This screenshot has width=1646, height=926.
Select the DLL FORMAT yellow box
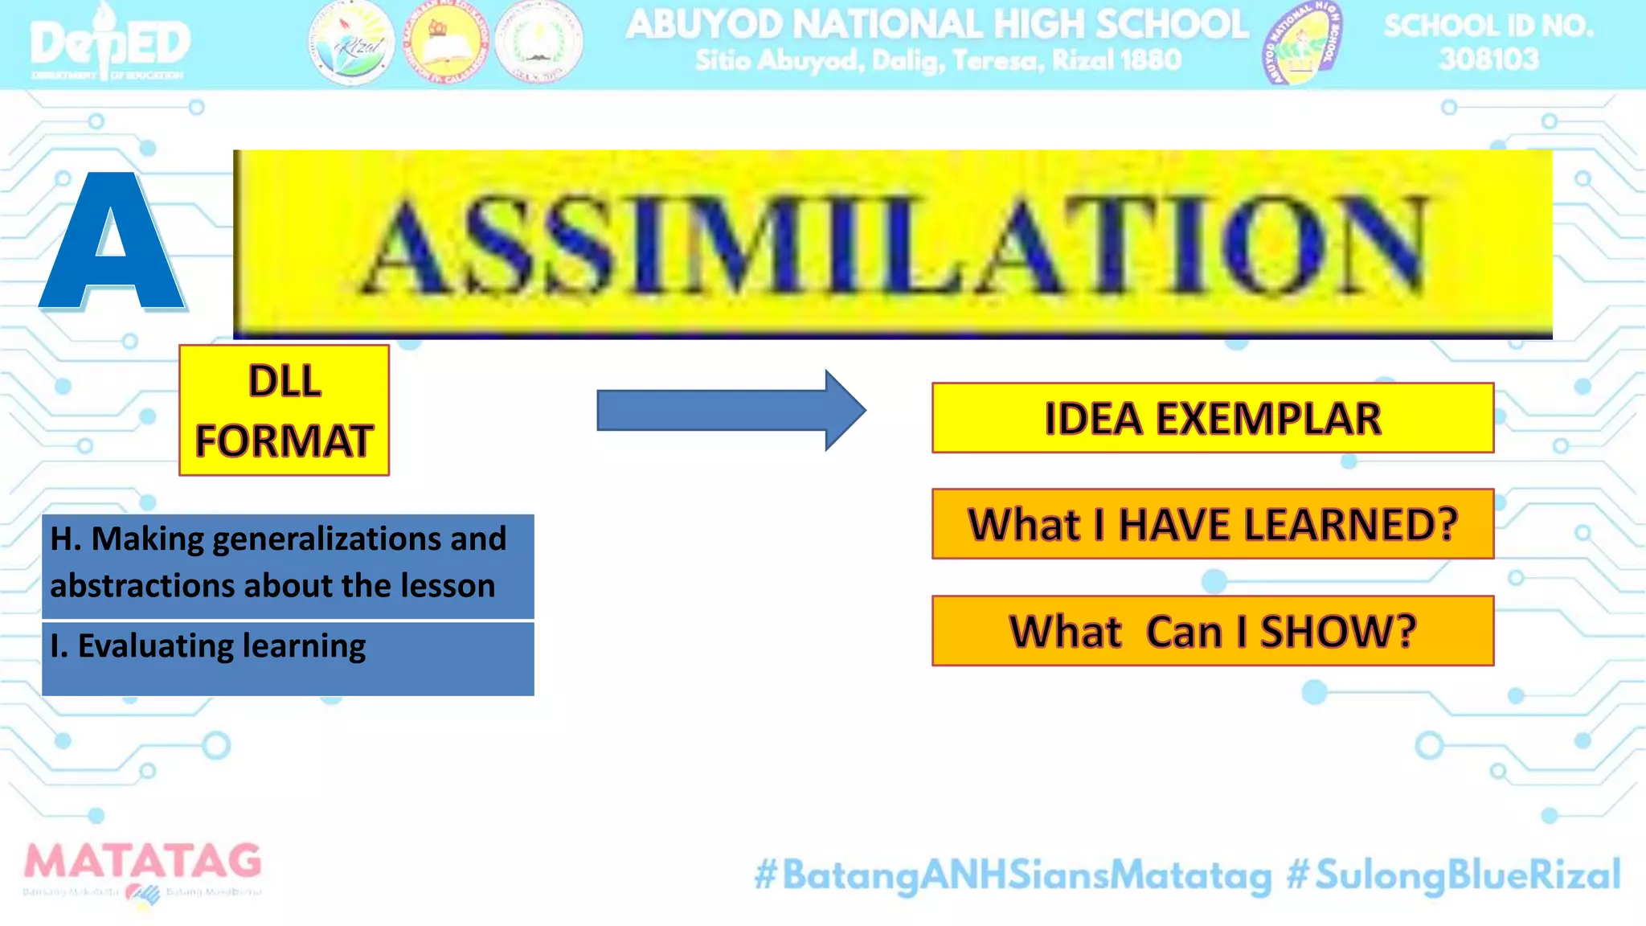pyautogui.click(x=284, y=410)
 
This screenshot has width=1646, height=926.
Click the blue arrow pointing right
pyautogui.click(x=730, y=411)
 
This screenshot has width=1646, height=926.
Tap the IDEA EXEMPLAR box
pyautogui.click(x=1212, y=418)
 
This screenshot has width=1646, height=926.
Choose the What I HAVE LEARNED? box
pyautogui.click(x=1212, y=524)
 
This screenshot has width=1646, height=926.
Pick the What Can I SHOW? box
pyautogui.click(x=1212, y=631)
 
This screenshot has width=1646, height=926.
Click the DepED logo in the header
pyautogui.click(x=110, y=44)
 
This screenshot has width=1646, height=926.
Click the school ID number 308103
pyautogui.click(x=1488, y=59)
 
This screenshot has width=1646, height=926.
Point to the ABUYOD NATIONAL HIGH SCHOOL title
pyautogui.click(x=937, y=24)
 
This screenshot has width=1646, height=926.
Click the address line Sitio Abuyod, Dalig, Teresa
pyautogui.click(x=937, y=60)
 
